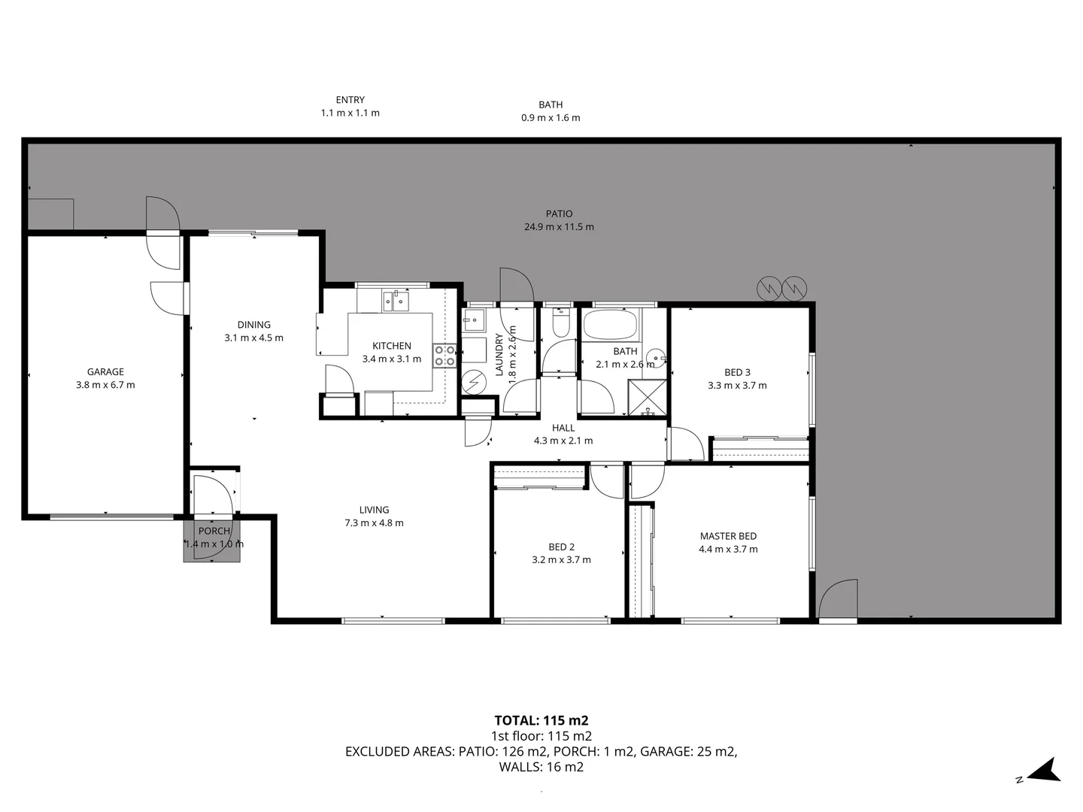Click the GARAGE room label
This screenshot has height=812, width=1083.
click(105, 371)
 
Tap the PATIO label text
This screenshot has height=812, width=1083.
click(559, 214)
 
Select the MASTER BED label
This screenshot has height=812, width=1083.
click(728, 536)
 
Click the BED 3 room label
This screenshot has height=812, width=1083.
click(737, 372)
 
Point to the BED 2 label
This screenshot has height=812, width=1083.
click(561, 547)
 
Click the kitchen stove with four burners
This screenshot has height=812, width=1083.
click(444, 356)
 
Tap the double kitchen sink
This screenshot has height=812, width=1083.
click(396, 302)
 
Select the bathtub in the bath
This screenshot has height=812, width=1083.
click(610, 326)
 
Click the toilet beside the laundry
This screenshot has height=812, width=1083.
click(560, 325)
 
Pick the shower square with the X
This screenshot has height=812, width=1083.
click(648, 398)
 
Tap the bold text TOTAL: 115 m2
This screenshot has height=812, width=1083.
click(541, 720)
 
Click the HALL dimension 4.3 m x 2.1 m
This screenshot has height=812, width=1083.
click(563, 441)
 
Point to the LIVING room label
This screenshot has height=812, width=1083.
click(374, 510)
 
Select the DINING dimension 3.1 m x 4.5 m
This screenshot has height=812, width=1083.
click(253, 338)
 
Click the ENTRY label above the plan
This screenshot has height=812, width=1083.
click(350, 99)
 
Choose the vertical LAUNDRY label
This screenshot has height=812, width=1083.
click(499, 355)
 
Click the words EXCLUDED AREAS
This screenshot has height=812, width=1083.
click(399, 751)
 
